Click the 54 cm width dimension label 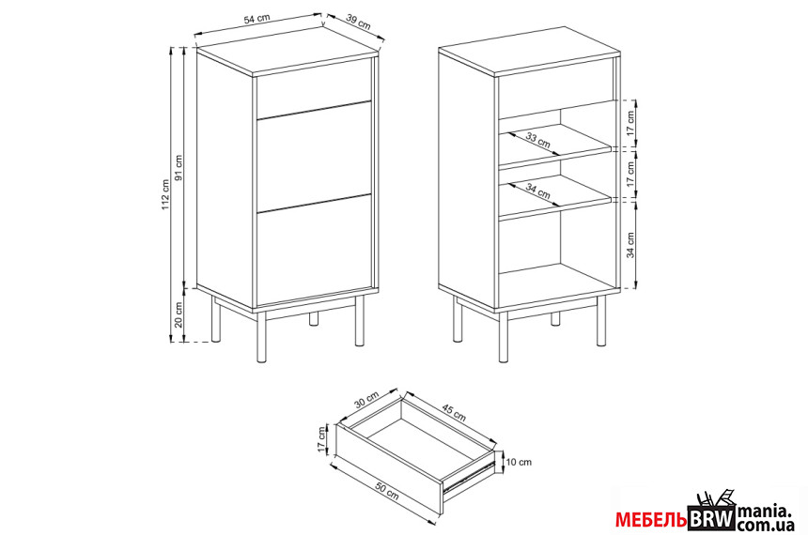(x=256, y=19)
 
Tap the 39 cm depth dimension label (x=358, y=22)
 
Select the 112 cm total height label (x=165, y=194)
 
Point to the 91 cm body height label (x=179, y=168)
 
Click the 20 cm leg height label (x=179, y=315)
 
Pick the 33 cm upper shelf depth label (x=538, y=140)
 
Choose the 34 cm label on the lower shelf (x=538, y=191)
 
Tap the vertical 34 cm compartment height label (x=630, y=245)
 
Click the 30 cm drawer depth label (x=367, y=400)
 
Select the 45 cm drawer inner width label (x=454, y=414)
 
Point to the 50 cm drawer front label (x=386, y=492)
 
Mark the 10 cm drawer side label (x=519, y=462)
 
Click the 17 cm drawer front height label (x=322, y=440)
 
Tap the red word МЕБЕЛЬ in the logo (x=650, y=521)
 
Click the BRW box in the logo (x=711, y=518)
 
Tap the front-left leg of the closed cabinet (x=261, y=336)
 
